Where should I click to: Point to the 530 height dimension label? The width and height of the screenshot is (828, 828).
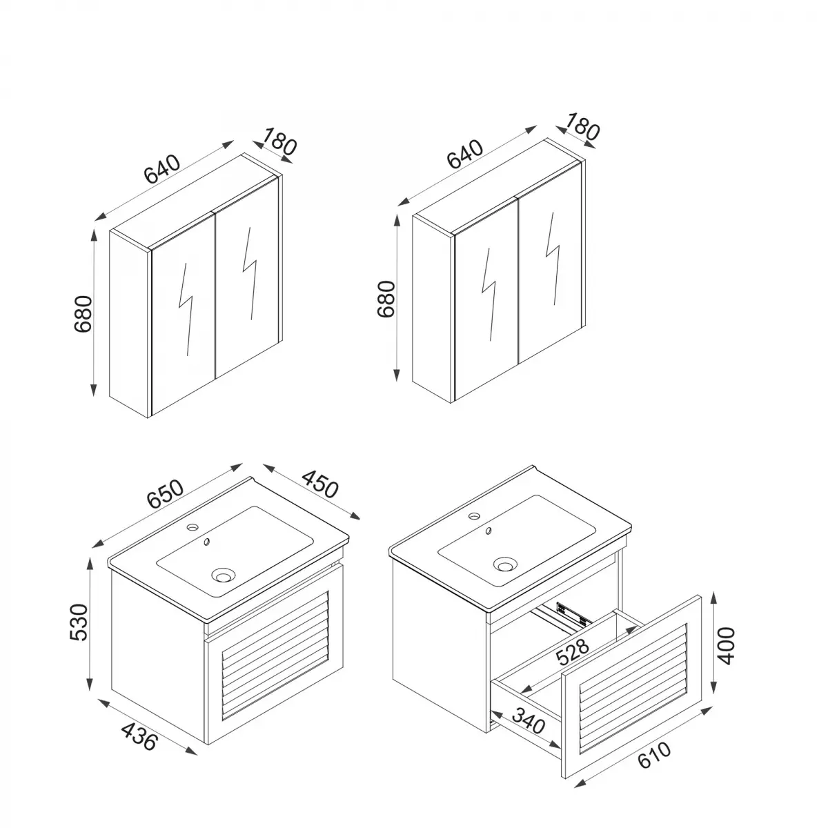(x=80, y=622)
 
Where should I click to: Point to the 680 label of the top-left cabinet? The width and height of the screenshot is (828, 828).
(x=83, y=314)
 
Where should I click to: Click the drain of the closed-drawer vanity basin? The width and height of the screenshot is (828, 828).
(x=223, y=573)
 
